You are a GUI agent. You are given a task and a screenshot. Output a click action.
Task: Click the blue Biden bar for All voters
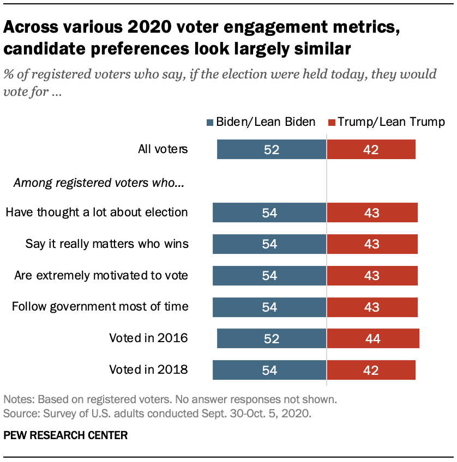click(x=271, y=149)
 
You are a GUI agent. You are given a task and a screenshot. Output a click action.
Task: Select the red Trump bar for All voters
click(x=371, y=149)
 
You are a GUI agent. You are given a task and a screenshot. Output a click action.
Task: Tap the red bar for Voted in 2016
click(x=373, y=338)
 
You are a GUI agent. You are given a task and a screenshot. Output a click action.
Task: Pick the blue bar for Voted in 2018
click(x=269, y=370)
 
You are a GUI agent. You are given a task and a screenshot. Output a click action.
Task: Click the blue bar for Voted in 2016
click(x=271, y=338)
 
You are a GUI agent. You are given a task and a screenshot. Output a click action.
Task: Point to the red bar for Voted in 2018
click(x=371, y=370)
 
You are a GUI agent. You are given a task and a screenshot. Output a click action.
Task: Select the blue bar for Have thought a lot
click(x=269, y=212)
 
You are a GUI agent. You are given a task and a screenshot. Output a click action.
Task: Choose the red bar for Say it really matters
click(x=372, y=244)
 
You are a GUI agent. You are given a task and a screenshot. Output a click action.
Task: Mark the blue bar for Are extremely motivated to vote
click(x=269, y=276)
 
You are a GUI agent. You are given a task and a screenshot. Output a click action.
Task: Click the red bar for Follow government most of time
click(x=372, y=307)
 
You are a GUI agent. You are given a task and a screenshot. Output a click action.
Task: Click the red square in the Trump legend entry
click(x=332, y=122)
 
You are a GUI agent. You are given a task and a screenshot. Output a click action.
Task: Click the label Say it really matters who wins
click(x=107, y=244)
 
